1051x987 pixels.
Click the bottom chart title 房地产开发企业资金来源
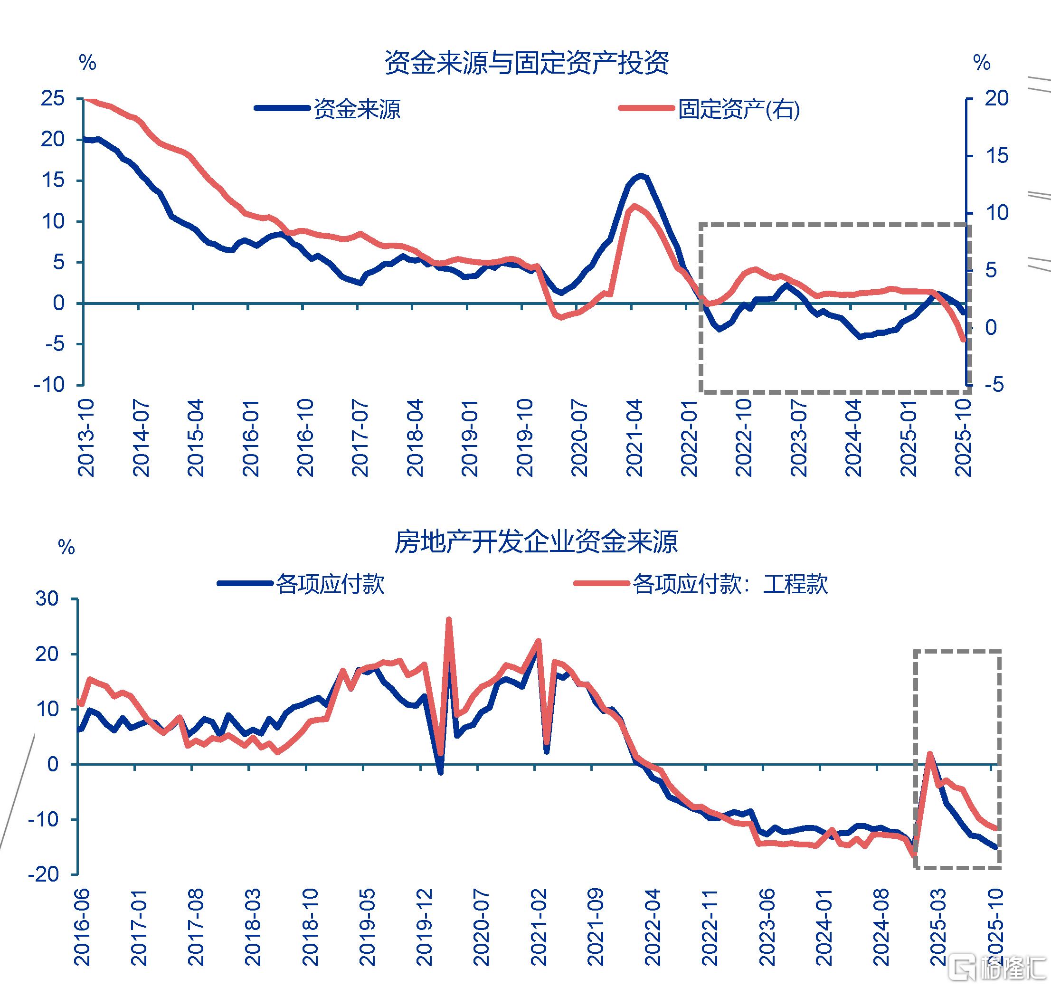[x=536, y=542]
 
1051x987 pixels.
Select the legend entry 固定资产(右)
[x=738, y=109]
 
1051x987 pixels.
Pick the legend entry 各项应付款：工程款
[x=729, y=585]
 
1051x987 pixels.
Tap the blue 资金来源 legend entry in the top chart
[x=357, y=109]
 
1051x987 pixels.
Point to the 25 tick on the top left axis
[x=52, y=98]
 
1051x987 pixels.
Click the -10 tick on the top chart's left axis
[x=48, y=385]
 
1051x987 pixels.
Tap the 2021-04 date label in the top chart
[x=634, y=438]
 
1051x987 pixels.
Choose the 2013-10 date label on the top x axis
[x=85, y=438]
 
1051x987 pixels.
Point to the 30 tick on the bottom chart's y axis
[x=47, y=599]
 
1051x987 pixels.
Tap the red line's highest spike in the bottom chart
[x=449, y=619]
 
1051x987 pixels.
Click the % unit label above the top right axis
[x=982, y=63]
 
